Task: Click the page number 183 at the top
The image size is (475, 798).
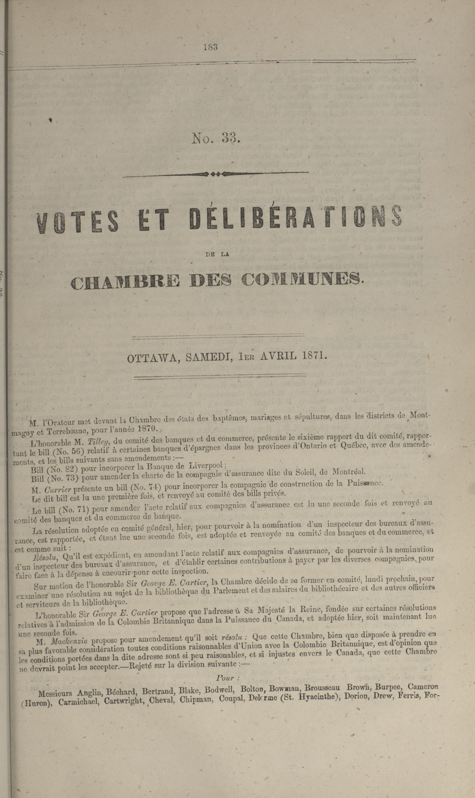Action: tap(210, 47)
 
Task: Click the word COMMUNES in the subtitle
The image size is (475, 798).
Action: tap(302, 279)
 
